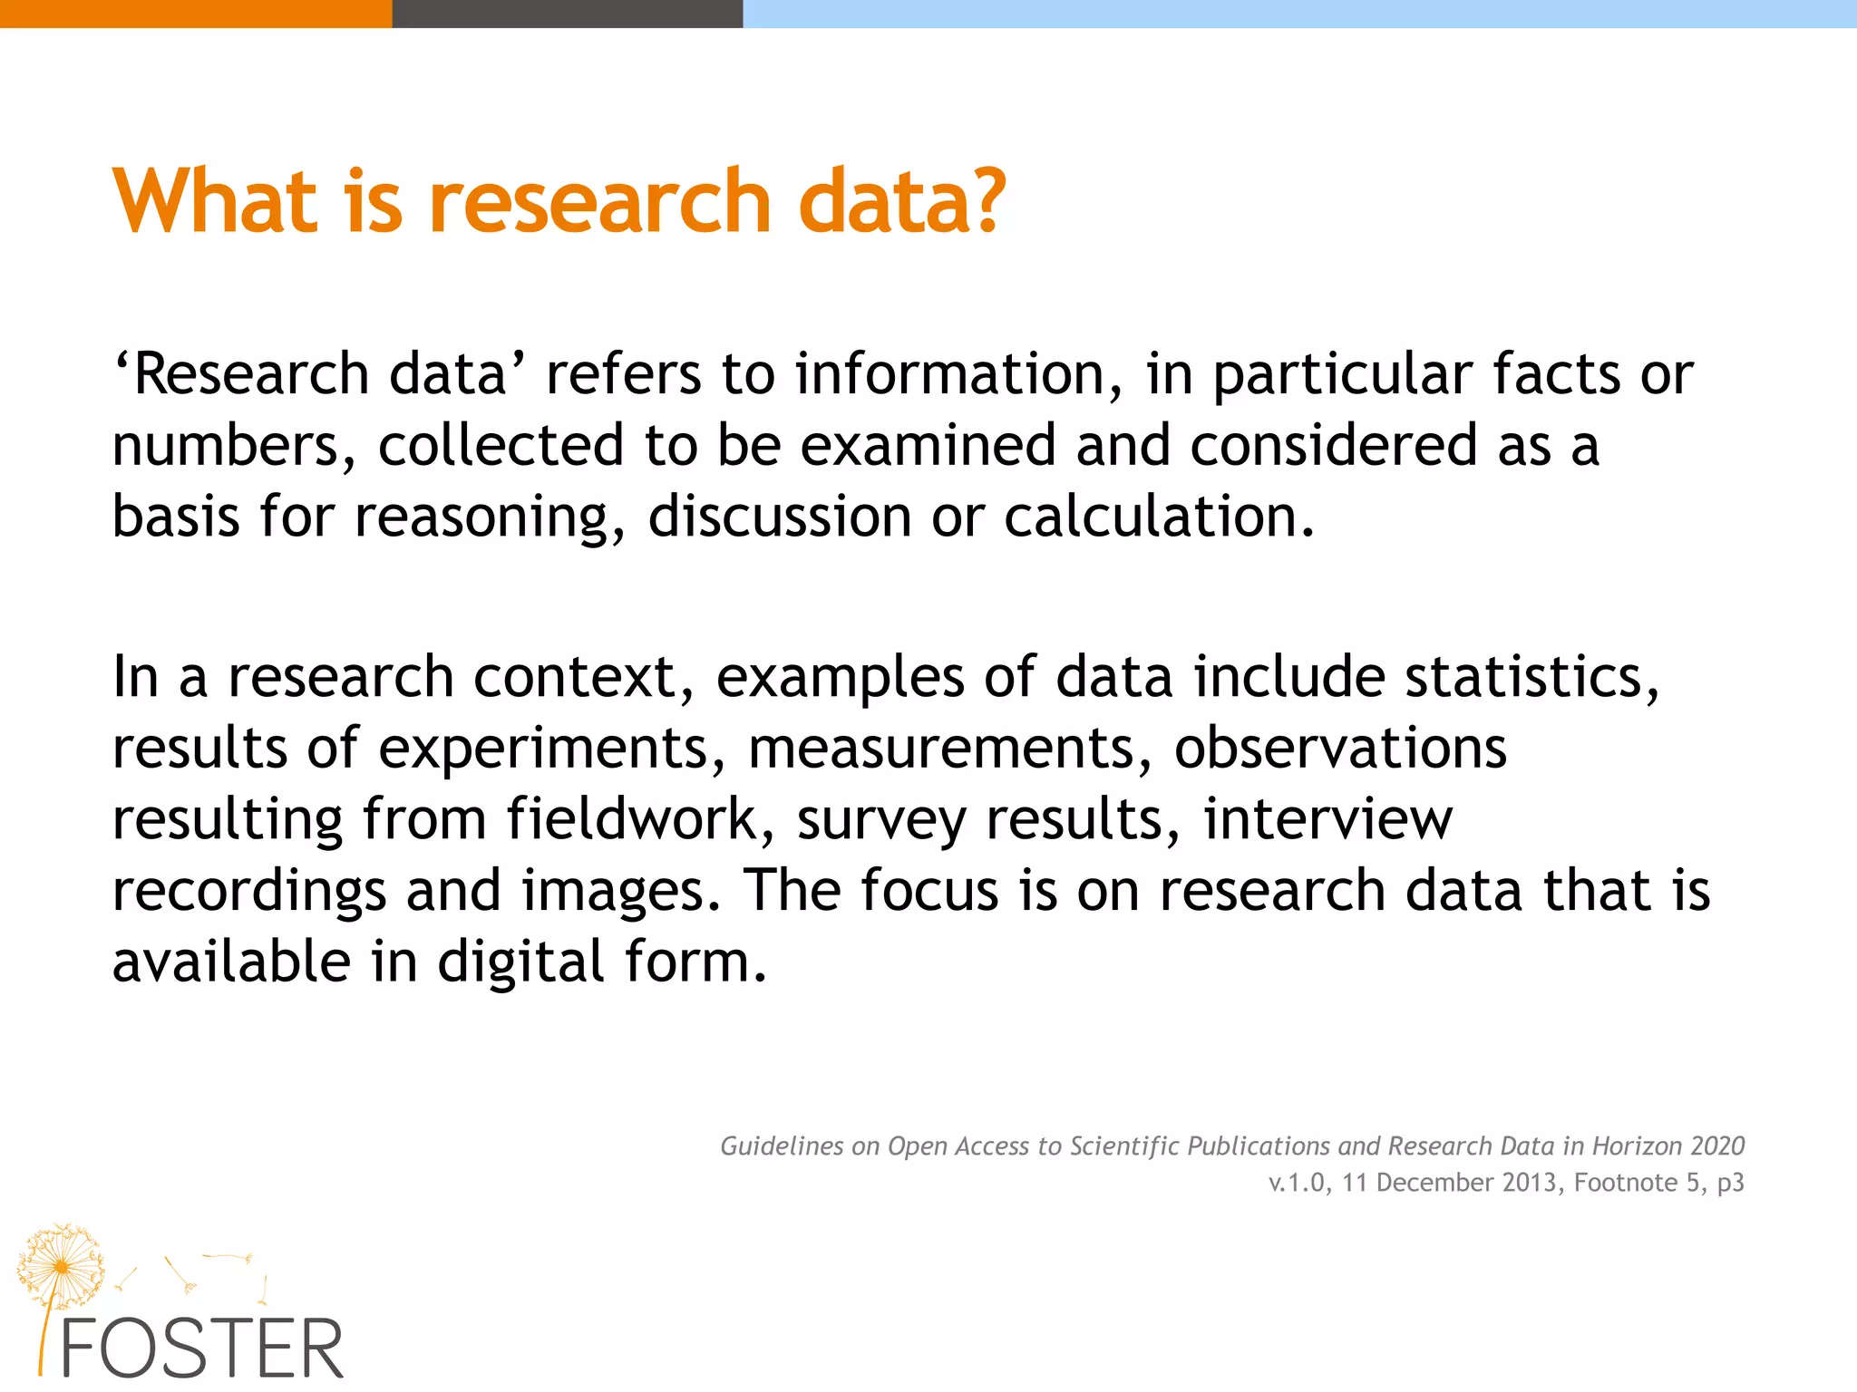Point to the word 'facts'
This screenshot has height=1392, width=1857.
[x=1555, y=374]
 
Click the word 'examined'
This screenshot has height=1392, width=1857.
[x=928, y=445]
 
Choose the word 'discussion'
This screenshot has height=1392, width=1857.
[x=779, y=517]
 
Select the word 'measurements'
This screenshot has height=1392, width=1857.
[x=948, y=749]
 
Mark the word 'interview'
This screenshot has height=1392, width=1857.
[x=1327, y=819]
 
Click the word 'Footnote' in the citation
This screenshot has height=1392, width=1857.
[x=1626, y=1183]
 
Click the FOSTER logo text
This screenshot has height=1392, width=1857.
[x=201, y=1349]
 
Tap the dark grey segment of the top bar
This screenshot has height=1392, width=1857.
[x=567, y=14]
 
